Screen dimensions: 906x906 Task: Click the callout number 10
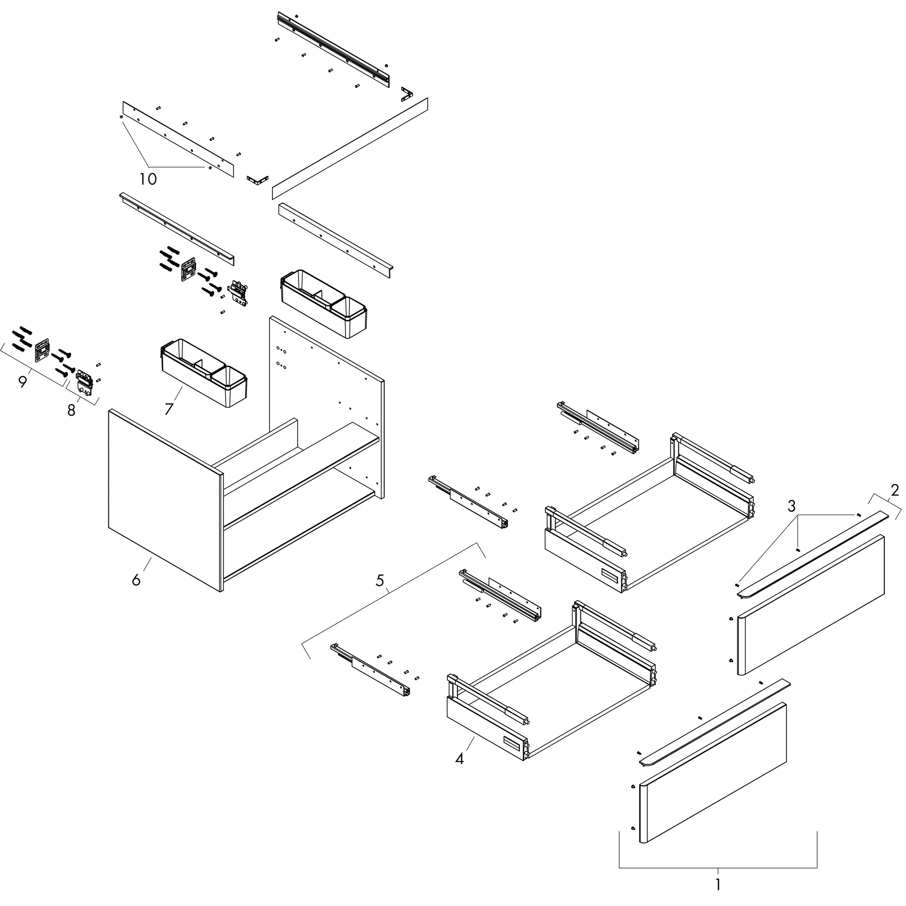point(148,179)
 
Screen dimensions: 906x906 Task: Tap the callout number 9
point(23,382)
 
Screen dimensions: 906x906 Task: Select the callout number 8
point(71,411)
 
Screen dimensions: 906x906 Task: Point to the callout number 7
point(169,409)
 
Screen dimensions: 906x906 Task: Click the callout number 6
point(136,580)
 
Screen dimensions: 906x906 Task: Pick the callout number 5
point(380,580)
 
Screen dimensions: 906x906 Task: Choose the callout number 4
point(460,758)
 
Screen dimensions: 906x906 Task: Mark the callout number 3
point(791,506)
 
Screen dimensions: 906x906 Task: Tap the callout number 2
point(895,491)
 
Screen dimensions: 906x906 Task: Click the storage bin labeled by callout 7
point(204,373)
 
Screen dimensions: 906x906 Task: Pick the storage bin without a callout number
point(323,303)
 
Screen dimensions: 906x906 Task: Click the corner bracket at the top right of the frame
point(407,93)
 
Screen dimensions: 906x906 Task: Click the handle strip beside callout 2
point(813,554)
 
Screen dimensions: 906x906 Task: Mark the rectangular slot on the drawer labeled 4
point(512,742)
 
